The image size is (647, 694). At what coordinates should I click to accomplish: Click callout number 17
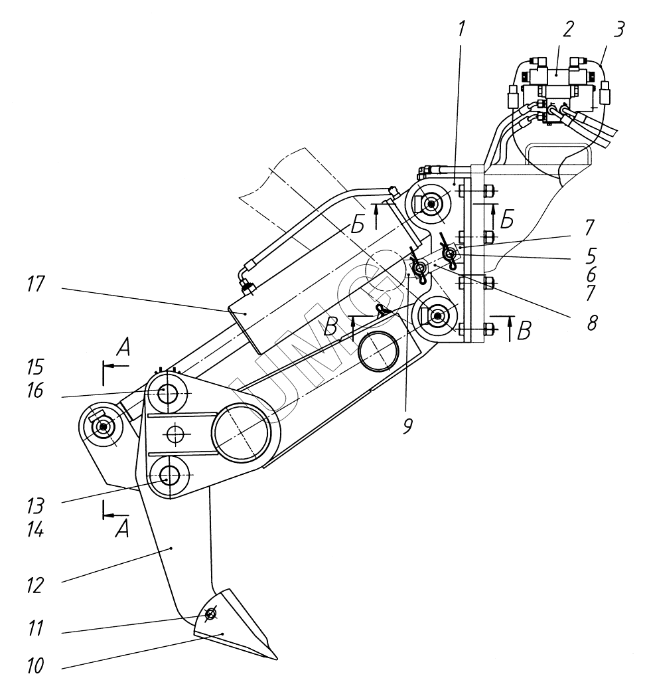[35, 285]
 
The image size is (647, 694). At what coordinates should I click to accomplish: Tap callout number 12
[35, 586]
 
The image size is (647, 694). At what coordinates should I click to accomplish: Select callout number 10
[35, 665]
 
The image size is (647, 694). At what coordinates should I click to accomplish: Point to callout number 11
[35, 628]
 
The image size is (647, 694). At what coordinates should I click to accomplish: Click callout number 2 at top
[567, 30]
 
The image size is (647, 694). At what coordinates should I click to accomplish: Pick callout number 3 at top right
[618, 30]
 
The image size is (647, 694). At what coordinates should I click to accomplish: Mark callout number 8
[592, 323]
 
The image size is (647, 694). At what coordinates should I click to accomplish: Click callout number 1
[461, 29]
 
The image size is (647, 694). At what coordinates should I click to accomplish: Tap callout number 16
[35, 390]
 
